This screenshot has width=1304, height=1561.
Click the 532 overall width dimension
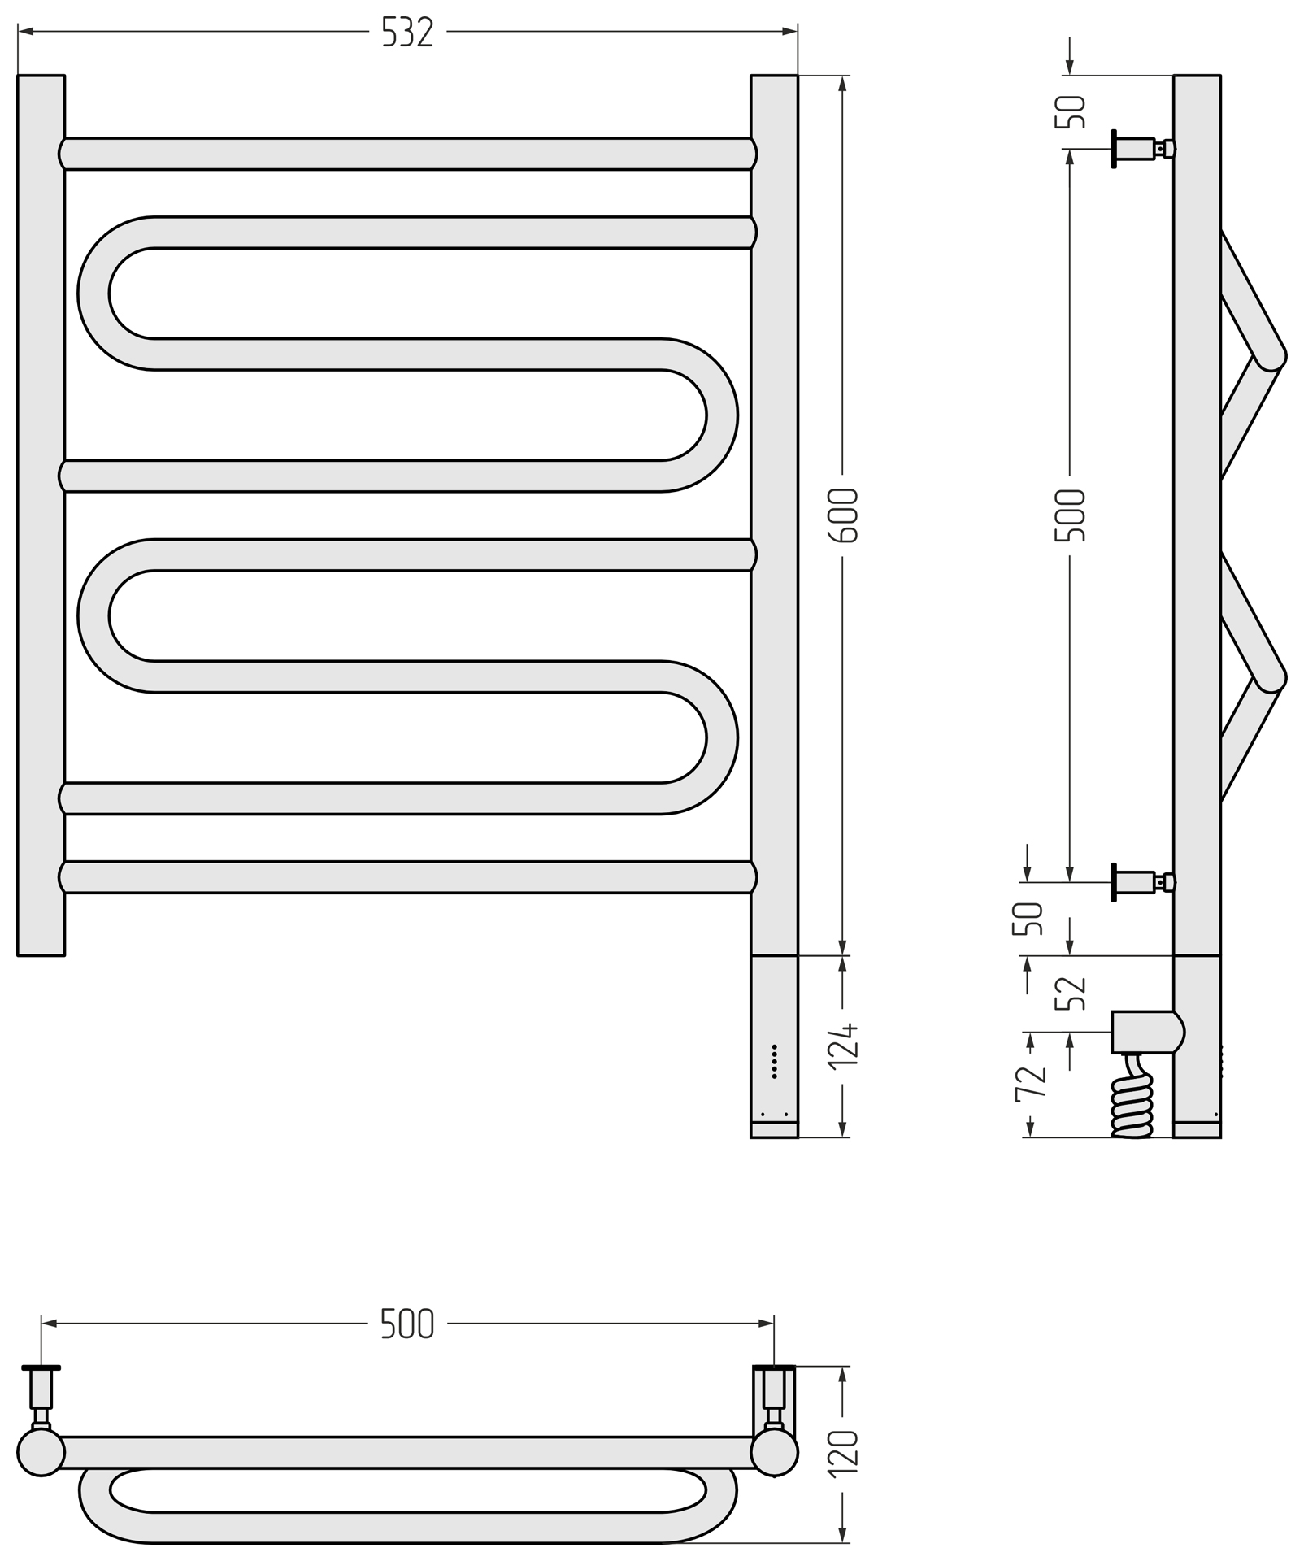coord(407,33)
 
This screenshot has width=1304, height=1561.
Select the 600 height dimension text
coord(843,515)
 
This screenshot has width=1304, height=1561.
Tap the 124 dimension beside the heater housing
coord(843,1046)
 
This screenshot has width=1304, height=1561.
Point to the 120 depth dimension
coord(844,1451)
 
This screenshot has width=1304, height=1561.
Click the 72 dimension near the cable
coord(1030,1085)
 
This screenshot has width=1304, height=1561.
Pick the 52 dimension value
coord(1071,993)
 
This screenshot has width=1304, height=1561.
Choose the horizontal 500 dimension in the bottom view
coord(407,1324)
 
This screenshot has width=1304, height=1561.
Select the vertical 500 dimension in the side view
coord(1070,515)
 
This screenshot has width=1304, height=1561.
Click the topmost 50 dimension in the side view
coord(1071,111)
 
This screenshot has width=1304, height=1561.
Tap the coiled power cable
coord(1132,1097)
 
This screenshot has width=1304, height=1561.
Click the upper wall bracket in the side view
coord(1141,149)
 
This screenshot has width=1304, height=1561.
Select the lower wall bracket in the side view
coord(1141,882)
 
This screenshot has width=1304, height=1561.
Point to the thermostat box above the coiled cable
coord(1145,1033)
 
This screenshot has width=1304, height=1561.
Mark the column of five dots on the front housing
coord(774,1062)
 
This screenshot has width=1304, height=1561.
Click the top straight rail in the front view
coord(406,154)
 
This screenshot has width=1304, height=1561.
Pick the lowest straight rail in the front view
coord(406,877)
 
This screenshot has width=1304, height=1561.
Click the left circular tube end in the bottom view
coord(41,1453)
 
